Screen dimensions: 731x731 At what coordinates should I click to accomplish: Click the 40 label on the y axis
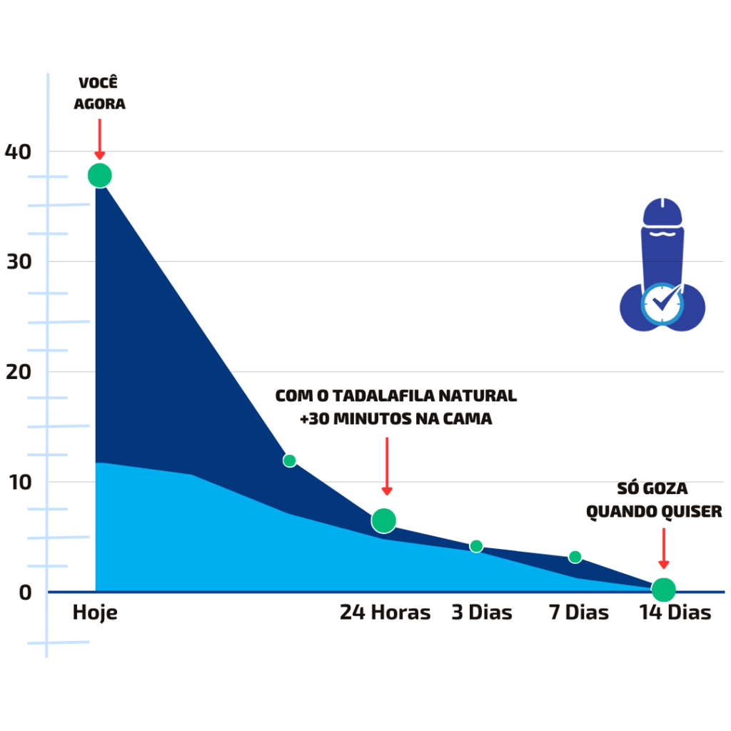(18, 152)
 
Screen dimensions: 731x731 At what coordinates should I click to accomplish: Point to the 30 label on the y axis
(19, 262)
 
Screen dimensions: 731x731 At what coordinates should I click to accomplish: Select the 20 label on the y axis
(19, 372)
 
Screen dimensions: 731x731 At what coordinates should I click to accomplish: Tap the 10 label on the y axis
(20, 483)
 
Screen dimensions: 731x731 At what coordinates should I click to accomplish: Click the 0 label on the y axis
(25, 593)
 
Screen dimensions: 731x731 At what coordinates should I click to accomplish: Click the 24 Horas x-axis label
(385, 612)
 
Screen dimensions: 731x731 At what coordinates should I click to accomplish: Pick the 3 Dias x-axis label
(482, 612)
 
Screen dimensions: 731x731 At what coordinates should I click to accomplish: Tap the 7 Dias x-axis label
(579, 612)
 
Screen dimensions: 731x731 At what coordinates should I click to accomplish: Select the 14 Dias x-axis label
(675, 612)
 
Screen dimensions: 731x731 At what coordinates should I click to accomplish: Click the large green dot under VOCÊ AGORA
(100, 176)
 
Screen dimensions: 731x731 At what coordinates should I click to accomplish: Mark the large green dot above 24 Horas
(383, 520)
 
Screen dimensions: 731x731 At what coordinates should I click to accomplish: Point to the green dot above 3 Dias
(476, 546)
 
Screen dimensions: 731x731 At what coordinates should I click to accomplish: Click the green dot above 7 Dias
(575, 557)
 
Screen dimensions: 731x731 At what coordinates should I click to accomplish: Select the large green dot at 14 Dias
(663, 590)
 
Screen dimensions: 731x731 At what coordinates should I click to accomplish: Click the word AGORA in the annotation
(100, 104)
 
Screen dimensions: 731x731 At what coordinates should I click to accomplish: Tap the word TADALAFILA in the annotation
(383, 395)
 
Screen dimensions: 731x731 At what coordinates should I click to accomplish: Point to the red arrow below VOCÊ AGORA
(100, 139)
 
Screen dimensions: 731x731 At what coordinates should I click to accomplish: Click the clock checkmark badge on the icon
(662, 303)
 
